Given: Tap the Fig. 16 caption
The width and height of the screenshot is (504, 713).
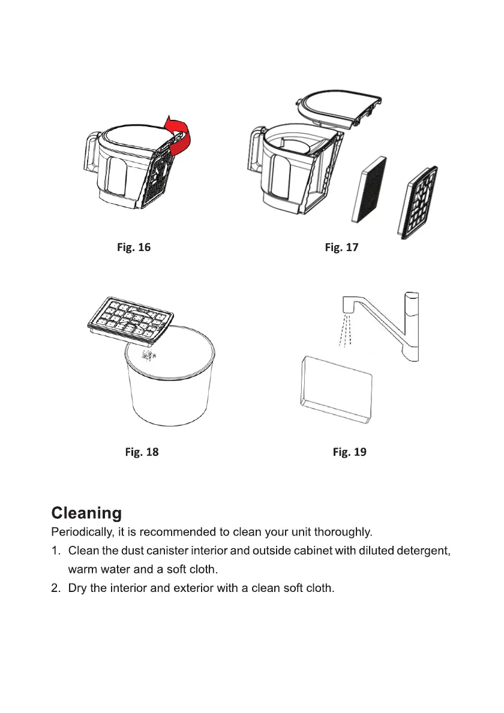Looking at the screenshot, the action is [133, 247].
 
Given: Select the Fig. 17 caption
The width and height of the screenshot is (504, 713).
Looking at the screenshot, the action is [341, 247].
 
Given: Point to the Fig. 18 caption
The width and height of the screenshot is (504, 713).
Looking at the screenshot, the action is [142, 452].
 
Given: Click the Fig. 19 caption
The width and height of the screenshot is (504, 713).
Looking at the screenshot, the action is [349, 452].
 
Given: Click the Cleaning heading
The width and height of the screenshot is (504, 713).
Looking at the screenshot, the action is [86, 513].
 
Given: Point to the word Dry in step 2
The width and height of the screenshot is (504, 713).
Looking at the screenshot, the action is [78, 588].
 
